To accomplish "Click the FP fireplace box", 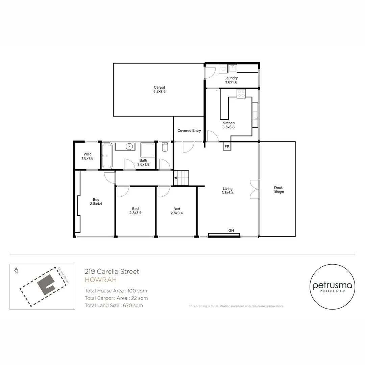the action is tap(227, 146).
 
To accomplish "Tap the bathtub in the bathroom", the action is tap(107, 156).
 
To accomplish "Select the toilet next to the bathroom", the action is tap(165, 147).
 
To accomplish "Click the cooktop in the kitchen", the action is tap(241, 94).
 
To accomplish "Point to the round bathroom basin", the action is tap(129, 146).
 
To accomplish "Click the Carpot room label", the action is tap(160, 89).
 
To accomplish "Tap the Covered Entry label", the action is tap(189, 130).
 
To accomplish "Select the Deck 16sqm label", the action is tap(278, 190).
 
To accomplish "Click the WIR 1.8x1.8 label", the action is tap(87, 156).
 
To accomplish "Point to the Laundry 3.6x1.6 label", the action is tap(231, 80).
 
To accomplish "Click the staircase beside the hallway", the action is tap(181, 178).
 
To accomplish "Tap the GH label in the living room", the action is tap(231, 230).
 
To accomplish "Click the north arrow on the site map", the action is tap(16, 270).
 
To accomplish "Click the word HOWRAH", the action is tap(101, 280).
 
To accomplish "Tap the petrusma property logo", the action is tap(333, 287).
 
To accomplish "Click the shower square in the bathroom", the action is tap(148, 150).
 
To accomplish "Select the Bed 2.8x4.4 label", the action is tap(96, 201).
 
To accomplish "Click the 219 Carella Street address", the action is tap(112, 271).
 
